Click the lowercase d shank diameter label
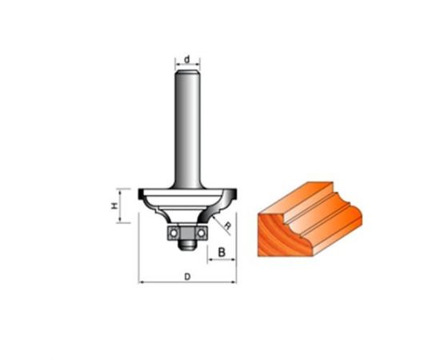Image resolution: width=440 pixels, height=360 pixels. click(187, 59)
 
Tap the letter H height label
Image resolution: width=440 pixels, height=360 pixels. click(114, 206)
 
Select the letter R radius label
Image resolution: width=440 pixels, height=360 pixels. click(229, 226)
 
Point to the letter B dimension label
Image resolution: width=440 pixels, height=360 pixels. click(222, 252)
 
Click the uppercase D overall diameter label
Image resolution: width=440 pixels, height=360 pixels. click(187, 277)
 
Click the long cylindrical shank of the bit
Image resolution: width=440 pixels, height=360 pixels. click(187, 129)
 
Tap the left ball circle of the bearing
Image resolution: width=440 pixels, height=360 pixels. click(174, 233)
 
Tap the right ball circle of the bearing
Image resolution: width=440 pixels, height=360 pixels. click(201, 233)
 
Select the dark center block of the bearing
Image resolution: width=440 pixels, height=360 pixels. click(187, 233)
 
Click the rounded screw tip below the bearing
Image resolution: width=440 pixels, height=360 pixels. click(187, 246)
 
